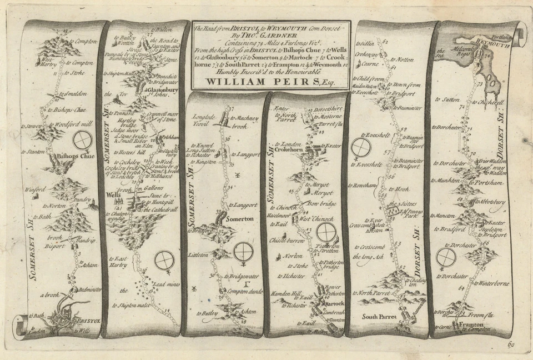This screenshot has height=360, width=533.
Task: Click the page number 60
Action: [511, 344]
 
